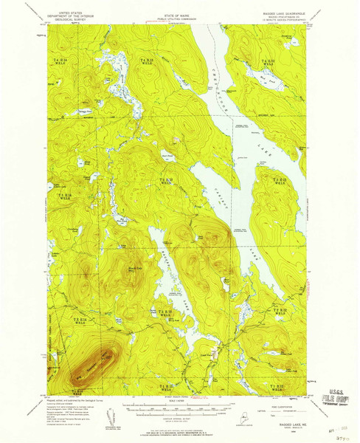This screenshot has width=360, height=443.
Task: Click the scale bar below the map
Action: [179, 407]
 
